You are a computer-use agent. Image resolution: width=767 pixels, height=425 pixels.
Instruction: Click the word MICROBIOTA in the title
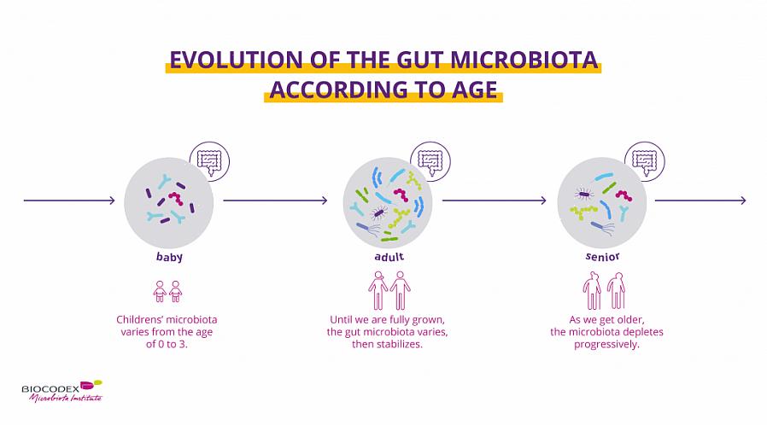coord(524,60)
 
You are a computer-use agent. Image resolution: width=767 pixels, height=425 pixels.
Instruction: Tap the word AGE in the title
coord(473,90)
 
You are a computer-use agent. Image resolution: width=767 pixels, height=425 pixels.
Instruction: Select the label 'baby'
coord(169,257)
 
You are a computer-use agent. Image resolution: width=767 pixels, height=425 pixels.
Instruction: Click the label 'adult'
coord(389,257)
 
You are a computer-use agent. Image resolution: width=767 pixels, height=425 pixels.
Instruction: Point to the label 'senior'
coord(603,257)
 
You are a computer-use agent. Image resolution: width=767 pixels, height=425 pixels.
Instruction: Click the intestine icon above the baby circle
coord(209,161)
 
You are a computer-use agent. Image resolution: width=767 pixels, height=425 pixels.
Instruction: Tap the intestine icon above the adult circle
coord(430,161)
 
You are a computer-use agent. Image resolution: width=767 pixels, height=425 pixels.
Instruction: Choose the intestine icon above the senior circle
coord(645,161)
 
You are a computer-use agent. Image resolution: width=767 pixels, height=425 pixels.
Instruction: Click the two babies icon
coord(167,292)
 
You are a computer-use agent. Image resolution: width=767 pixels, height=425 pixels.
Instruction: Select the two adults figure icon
coord(389,291)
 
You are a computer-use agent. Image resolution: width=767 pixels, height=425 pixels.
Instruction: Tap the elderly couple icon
coord(604,291)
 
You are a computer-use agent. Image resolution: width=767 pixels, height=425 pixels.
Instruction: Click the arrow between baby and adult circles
coord(275,201)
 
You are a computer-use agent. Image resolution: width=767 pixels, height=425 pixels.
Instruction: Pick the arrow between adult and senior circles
coord(494,201)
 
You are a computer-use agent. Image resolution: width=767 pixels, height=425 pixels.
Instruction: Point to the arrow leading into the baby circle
coord(69,201)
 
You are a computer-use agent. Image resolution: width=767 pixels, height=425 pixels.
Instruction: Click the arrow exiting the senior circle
coord(700,201)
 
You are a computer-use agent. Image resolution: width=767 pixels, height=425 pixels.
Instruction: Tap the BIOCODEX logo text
coord(50,389)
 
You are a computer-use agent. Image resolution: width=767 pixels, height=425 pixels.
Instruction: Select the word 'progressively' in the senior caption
coord(606,345)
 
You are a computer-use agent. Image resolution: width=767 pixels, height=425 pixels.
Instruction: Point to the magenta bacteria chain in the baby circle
coord(176,198)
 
